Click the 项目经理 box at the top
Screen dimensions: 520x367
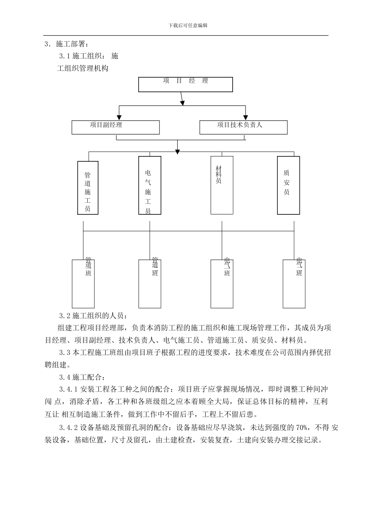pyautogui.click(x=185, y=84)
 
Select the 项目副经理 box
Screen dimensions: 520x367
pyautogui.click(x=116, y=127)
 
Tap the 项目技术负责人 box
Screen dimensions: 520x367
pyautogui.click(x=243, y=127)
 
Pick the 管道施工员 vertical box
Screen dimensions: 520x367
pyautogui.click(x=88, y=188)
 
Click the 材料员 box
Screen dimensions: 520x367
pyautogui.click(x=222, y=185)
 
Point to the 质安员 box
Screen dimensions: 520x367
pyautogui.click(x=288, y=185)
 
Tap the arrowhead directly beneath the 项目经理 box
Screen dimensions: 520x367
pyautogui.click(x=182, y=102)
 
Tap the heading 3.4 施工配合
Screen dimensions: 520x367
pyautogui.click(x=82, y=377)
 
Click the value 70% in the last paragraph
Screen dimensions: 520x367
pyautogui.click(x=301, y=428)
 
